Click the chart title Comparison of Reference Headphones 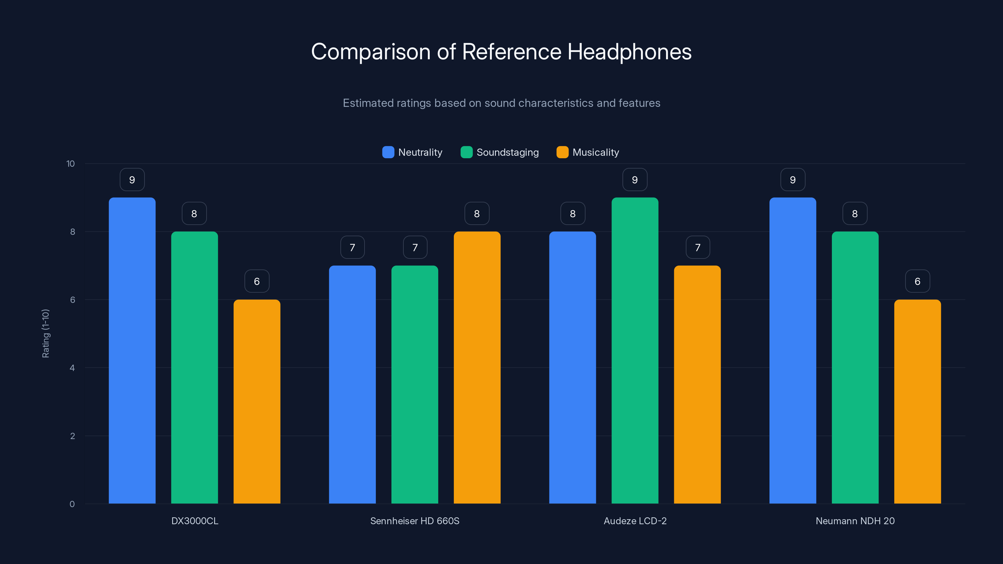tap(501, 52)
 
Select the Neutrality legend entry tap(412, 152)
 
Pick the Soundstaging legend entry tap(500, 152)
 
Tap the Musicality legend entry tap(588, 152)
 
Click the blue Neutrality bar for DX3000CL tap(132, 350)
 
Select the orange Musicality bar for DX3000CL tap(257, 401)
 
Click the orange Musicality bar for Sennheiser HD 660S tap(477, 368)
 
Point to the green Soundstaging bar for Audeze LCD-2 tap(635, 350)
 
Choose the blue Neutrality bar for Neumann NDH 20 tap(792, 350)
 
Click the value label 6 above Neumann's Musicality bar tap(917, 281)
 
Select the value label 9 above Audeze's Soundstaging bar tap(635, 180)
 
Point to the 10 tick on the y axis tap(71, 164)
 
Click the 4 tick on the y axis tap(72, 368)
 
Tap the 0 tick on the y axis tap(72, 504)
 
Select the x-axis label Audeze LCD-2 tap(635, 521)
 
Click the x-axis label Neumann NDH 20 tap(855, 521)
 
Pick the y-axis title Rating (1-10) tap(45, 334)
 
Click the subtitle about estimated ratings tap(501, 103)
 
